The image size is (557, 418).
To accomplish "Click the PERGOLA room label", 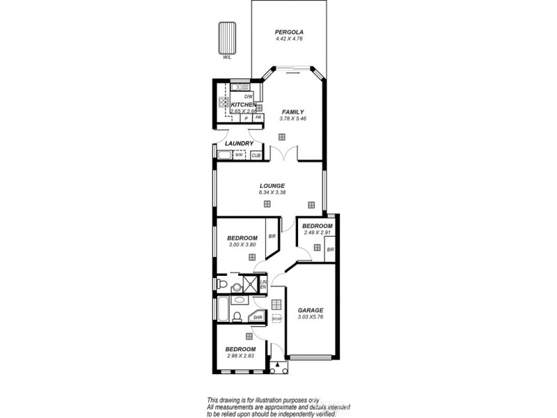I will (288, 32).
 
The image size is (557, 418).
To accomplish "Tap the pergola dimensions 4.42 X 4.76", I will (288, 39).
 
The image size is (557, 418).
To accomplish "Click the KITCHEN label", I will (244, 104).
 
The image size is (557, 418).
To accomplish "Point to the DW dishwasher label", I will (248, 97).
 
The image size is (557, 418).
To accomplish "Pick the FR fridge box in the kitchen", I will (258, 118).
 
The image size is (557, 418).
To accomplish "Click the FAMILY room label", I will (292, 111).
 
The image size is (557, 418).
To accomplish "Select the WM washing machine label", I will (238, 155).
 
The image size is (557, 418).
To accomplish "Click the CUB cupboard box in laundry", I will (256, 155).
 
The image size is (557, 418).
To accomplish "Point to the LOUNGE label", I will (272, 185).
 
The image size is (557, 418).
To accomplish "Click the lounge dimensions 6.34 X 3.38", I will (272, 192).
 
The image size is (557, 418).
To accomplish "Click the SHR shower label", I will (257, 318).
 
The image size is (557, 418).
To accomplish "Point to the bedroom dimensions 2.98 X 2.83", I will (241, 356).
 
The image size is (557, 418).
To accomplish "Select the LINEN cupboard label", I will (263, 284).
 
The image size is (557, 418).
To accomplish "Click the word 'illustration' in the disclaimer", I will (275, 399).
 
